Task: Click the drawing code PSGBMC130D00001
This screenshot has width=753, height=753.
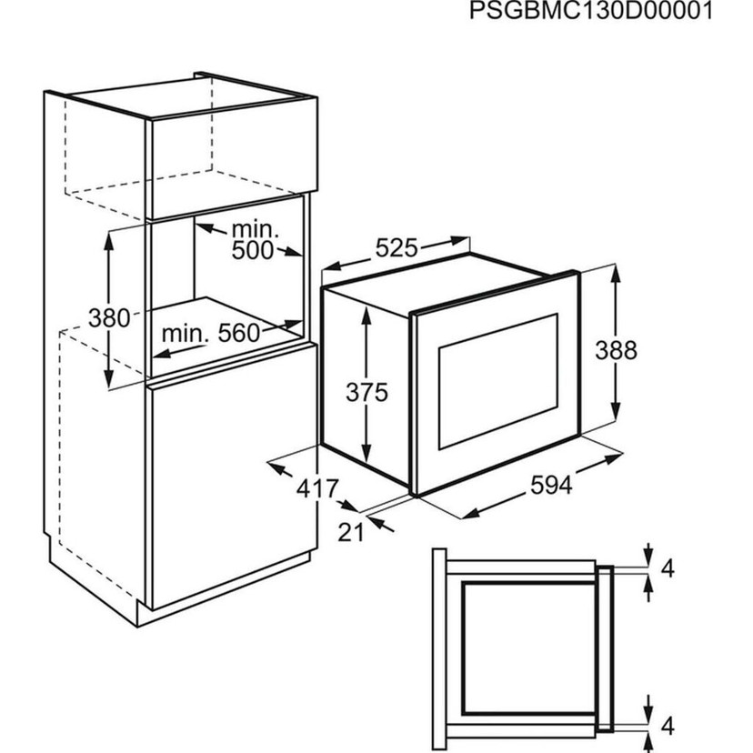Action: [591, 12]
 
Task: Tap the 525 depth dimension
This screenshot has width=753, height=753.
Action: [397, 248]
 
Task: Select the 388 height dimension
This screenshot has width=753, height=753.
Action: [617, 350]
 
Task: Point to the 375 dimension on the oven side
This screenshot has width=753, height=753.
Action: [366, 392]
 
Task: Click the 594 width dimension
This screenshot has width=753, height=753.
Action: [551, 485]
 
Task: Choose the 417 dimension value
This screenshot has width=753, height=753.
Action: [317, 489]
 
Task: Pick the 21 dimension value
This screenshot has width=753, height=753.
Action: [350, 532]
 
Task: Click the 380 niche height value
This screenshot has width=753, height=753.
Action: [109, 318]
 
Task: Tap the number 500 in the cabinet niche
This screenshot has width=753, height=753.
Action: [253, 250]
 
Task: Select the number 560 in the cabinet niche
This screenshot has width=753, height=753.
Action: [238, 333]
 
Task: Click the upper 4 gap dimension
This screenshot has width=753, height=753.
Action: [668, 568]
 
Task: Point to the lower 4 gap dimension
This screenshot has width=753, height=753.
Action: [668, 726]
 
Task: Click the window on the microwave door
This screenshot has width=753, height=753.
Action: [498, 381]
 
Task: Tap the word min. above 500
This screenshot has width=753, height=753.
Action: [255, 230]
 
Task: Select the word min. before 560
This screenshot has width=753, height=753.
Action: [186, 333]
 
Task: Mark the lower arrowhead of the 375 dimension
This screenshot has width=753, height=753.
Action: [366, 453]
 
